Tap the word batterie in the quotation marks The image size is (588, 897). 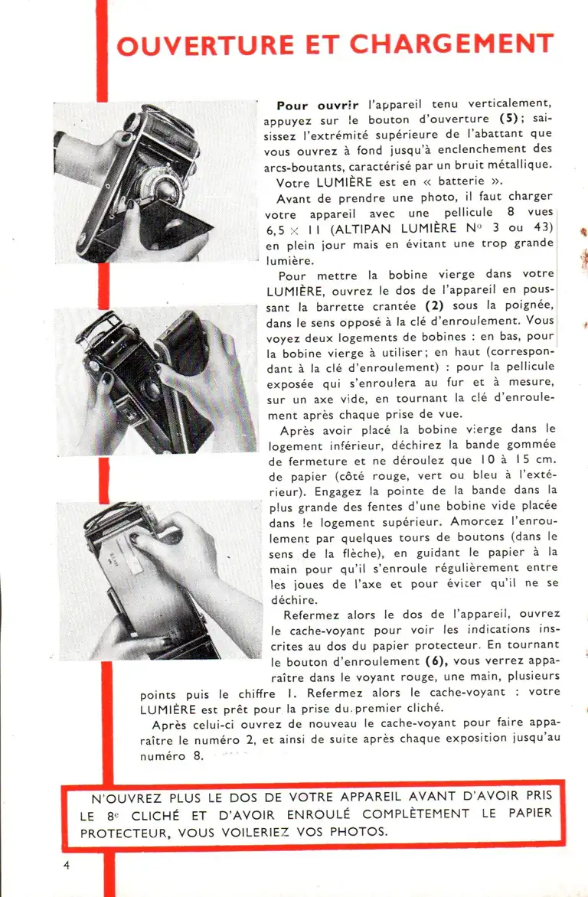(x=459, y=182)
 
